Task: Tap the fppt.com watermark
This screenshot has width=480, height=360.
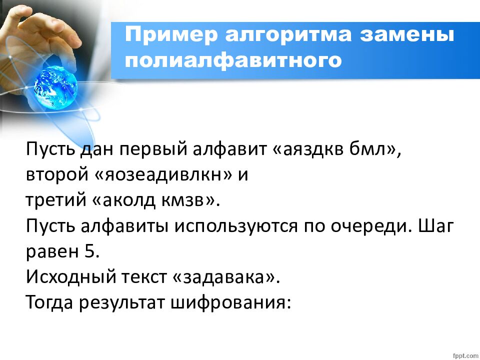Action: tap(464, 354)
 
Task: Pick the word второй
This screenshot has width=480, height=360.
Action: tap(54, 175)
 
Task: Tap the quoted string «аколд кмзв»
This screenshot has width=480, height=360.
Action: tap(155, 200)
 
